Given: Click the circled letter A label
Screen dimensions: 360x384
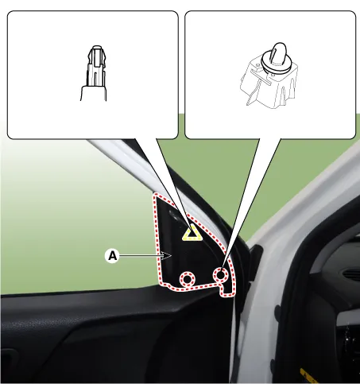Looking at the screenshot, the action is pyautogui.click(x=113, y=256).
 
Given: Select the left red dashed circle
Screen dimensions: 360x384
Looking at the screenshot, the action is pyautogui.click(x=188, y=279).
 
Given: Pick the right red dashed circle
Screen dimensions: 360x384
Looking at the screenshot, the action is pyautogui.click(x=221, y=274).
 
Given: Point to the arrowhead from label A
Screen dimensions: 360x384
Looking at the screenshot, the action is pyautogui.click(x=167, y=256).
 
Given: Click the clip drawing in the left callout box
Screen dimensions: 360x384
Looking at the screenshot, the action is pyautogui.click(x=94, y=73).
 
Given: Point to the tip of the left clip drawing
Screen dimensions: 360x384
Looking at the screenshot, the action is pyautogui.click(x=97, y=47).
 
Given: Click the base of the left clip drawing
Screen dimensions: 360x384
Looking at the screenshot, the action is pyautogui.click(x=94, y=93).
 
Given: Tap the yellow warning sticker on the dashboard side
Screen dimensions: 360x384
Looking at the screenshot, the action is pyautogui.click(x=308, y=376).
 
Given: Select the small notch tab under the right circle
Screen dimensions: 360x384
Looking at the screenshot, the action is pyautogui.click(x=226, y=290).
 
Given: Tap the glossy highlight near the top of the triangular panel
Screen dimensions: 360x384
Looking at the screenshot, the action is pyautogui.click(x=174, y=214).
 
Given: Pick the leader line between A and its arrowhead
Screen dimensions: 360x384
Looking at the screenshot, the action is pyautogui.click(x=141, y=256).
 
